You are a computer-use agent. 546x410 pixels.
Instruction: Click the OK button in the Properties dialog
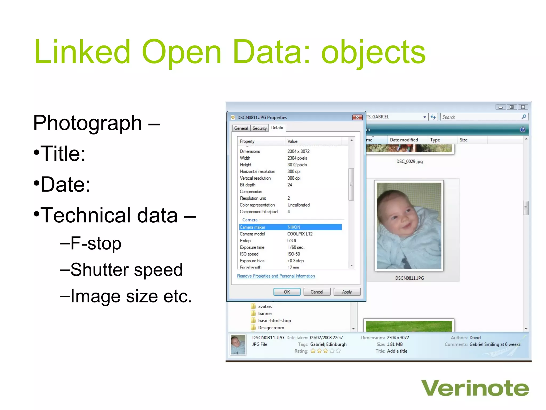pos(287,292)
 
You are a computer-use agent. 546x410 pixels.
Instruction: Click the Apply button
pos(347,292)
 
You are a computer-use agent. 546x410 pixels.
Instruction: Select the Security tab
pos(259,128)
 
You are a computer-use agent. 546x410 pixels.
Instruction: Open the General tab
pos(241,128)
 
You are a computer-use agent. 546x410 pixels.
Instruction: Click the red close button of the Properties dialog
pos(357,117)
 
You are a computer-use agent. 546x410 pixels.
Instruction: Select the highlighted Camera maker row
pos(290,227)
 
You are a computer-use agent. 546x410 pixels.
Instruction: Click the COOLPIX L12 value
pos(300,234)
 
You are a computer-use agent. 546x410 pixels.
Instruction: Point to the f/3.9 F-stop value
pos(292,241)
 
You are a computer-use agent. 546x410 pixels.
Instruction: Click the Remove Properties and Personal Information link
pos(276,276)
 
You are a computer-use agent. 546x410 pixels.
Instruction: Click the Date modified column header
pos(404,140)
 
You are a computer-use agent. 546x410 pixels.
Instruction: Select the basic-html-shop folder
pos(274,321)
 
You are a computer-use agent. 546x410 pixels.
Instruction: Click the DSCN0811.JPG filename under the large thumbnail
pos(409,278)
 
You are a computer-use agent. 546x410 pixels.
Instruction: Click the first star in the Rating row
pos(313,351)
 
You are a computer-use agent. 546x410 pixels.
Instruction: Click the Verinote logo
pos(475,388)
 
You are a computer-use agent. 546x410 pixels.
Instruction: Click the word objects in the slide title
pos(373,52)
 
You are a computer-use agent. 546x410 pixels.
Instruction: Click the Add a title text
pos(397,351)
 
